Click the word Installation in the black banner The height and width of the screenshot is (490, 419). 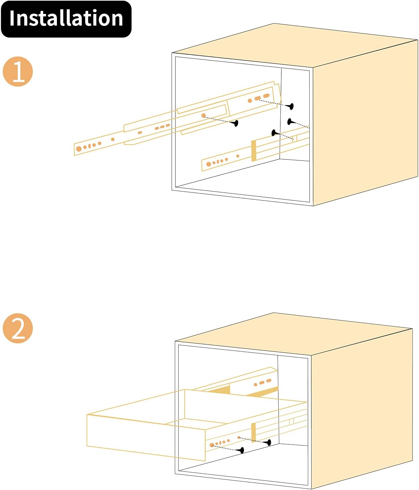[x=66, y=18]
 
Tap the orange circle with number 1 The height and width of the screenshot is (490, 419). [x=18, y=71]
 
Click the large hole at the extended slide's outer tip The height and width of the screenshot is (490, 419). [x=79, y=149]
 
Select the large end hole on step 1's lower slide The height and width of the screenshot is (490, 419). [x=209, y=164]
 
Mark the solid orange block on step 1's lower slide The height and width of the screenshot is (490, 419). [x=254, y=151]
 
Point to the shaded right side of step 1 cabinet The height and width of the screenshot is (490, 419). [x=365, y=123]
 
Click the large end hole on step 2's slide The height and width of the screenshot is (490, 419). [x=212, y=445]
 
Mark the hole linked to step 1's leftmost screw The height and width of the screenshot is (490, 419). [x=203, y=116]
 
